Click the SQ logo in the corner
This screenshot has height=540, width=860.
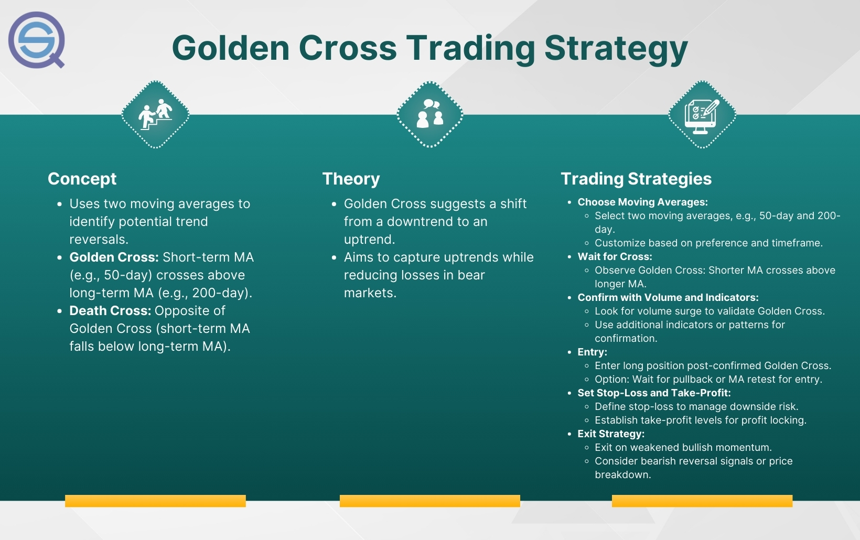pyautogui.click(x=37, y=40)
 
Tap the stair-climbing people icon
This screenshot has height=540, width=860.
pyautogui.click(x=155, y=114)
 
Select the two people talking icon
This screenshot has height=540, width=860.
pyautogui.click(x=429, y=114)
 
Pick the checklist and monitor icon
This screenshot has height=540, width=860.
pyautogui.click(x=702, y=116)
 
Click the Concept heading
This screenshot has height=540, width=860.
pyautogui.click(x=82, y=179)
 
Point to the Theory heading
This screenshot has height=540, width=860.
pyautogui.click(x=351, y=179)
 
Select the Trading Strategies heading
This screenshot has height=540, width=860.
pyautogui.click(x=636, y=179)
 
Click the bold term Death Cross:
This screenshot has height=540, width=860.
pyautogui.click(x=110, y=310)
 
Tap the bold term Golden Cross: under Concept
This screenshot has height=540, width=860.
pyautogui.click(x=114, y=257)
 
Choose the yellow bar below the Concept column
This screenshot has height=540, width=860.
pyautogui.click(x=156, y=501)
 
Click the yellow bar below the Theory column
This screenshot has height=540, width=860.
pyautogui.click(x=430, y=501)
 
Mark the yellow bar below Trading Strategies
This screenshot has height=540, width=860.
pyautogui.click(x=702, y=501)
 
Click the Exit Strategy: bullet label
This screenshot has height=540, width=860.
pyautogui.click(x=611, y=434)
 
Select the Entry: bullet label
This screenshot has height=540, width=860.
pyautogui.click(x=593, y=352)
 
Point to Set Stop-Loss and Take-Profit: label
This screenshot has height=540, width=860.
pyautogui.click(x=654, y=393)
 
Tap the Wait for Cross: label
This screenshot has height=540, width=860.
pyautogui.click(x=615, y=256)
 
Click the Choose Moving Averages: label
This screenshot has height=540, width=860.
pyautogui.click(x=643, y=202)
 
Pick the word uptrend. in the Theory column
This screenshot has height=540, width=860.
pyautogui.click(x=369, y=240)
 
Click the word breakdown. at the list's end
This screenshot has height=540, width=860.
pyautogui.click(x=623, y=475)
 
